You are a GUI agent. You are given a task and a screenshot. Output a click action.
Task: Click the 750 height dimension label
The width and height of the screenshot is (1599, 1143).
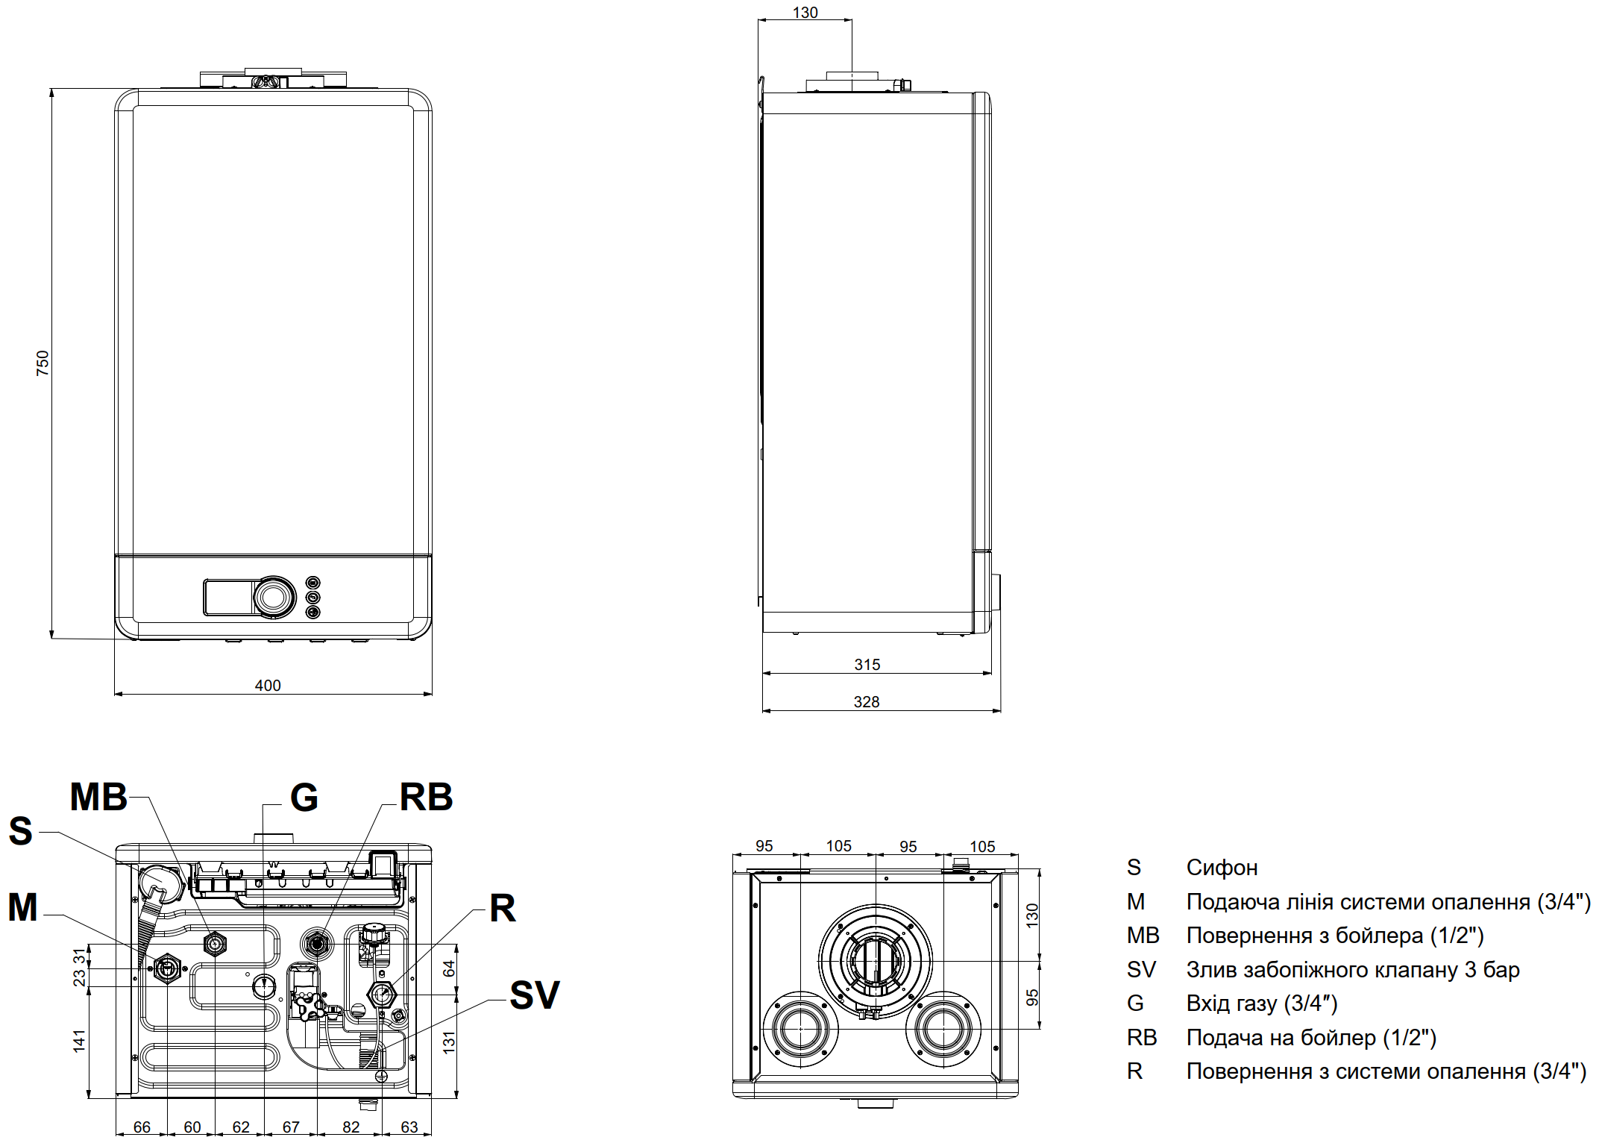[x=43, y=363]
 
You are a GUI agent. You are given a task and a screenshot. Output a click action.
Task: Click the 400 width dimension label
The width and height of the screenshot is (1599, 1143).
[x=268, y=686]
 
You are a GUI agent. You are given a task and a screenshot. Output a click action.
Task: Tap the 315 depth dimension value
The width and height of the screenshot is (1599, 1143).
[x=867, y=664]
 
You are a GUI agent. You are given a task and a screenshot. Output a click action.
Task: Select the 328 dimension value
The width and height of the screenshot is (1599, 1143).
[x=867, y=702]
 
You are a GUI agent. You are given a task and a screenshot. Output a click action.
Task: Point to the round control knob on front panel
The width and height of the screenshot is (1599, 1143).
[x=274, y=597]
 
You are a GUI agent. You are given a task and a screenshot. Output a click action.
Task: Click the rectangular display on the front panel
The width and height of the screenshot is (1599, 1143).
[x=228, y=597]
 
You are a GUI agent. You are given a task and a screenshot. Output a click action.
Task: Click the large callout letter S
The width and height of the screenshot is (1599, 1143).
[x=21, y=831]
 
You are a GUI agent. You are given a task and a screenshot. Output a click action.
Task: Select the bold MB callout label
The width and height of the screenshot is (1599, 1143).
[x=98, y=797]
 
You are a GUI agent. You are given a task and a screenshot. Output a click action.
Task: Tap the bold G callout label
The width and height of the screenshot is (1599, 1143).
[x=304, y=798]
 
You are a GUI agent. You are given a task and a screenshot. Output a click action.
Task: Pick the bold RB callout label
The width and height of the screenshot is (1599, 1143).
[x=426, y=797]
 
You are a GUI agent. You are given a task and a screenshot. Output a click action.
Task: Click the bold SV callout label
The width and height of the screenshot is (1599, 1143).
[x=534, y=995]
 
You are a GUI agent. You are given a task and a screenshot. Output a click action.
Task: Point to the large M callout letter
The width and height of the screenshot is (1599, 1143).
[x=22, y=908]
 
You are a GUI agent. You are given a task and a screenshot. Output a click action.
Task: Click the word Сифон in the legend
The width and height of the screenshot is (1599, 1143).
[x=1222, y=868]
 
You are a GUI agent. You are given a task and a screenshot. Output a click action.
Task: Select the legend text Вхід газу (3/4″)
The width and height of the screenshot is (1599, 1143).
[x=1262, y=1003]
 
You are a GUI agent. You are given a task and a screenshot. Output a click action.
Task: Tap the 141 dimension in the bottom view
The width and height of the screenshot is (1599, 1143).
[x=79, y=1041]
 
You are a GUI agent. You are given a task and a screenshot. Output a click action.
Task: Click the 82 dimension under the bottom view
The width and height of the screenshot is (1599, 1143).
[x=351, y=1127]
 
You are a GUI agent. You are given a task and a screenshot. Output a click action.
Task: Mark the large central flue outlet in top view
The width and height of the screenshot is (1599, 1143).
[x=875, y=961]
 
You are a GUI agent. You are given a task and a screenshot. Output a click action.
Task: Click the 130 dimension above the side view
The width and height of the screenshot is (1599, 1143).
[x=805, y=13]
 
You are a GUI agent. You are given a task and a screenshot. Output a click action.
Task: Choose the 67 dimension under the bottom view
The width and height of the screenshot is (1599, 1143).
[x=291, y=1127]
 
